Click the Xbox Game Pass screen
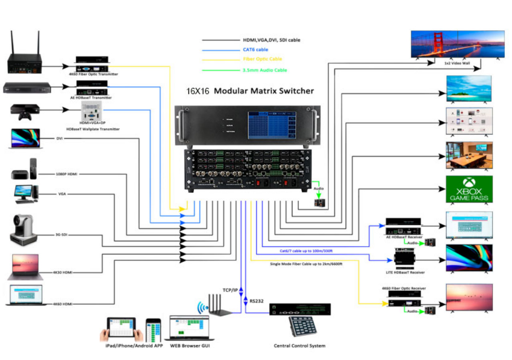coord(469,189)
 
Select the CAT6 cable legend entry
coord(255,50)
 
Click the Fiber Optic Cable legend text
coord(262,59)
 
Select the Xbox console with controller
coord(25,112)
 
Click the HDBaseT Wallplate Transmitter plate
coord(92,112)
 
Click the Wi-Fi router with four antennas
coord(220,306)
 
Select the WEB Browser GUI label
coord(190,346)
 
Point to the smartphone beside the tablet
coord(153,331)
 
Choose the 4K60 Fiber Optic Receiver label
coord(404,288)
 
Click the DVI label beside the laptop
coord(60,138)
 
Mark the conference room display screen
coord(469,155)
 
